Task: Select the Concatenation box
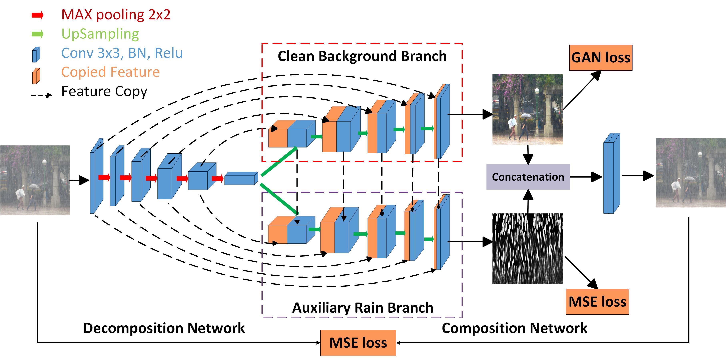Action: (x=528, y=177)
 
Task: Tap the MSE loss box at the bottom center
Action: (x=358, y=343)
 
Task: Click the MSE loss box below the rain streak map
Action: (x=597, y=302)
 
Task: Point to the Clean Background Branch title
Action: (x=362, y=56)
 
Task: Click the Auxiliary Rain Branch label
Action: (x=362, y=308)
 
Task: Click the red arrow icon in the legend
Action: (x=37, y=15)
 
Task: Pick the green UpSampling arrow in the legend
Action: (x=37, y=34)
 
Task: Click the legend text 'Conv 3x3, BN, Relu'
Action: (x=122, y=53)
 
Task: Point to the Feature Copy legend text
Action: (x=104, y=91)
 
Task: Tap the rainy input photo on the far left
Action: (x=35, y=180)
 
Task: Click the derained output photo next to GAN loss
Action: (x=528, y=109)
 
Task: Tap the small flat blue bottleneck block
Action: (x=241, y=179)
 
